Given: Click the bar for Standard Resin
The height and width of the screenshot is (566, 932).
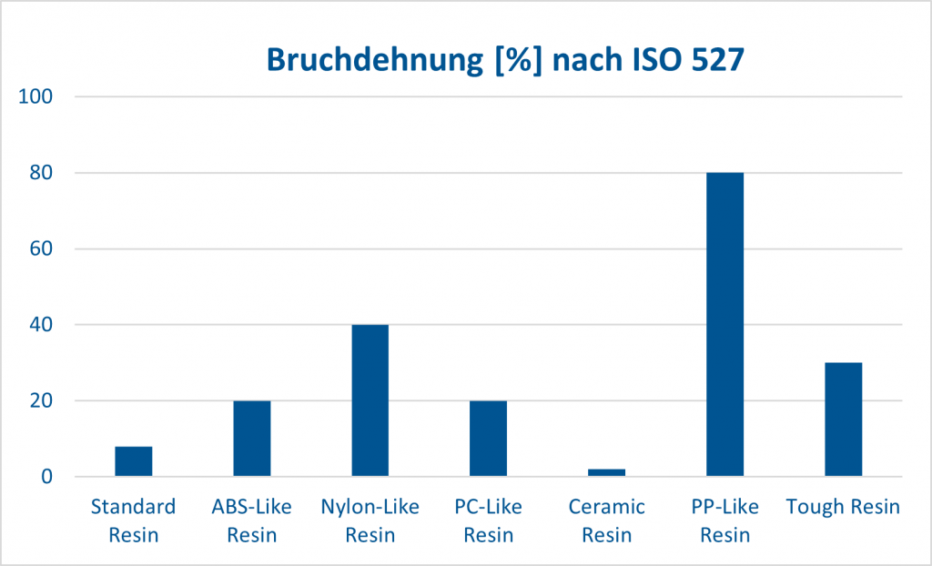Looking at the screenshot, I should pyautogui.click(x=134, y=461).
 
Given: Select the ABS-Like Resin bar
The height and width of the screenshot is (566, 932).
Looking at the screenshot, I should pyautogui.click(x=252, y=439).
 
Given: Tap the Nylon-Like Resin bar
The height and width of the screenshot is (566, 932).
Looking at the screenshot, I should pyautogui.click(x=370, y=400).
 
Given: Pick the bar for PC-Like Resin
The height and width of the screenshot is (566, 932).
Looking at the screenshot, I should pyautogui.click(x=489, y=439).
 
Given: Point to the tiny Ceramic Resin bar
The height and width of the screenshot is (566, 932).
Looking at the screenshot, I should pyautogui.click(x=607, y=472).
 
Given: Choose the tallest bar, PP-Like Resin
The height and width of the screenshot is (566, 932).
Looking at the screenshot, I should pyautogui.click(x=725, y=324).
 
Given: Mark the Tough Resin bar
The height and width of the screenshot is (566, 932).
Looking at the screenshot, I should pyautogui.click(x=844, y=419).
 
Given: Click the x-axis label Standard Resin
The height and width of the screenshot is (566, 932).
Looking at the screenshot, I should pyautogui.click(x=134, y=521).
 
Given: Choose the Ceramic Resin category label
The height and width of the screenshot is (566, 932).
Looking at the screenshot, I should pyautogui.click(x=607, y=521).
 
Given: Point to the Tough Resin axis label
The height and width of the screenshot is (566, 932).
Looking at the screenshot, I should pyautogui.click(x=844, y=508).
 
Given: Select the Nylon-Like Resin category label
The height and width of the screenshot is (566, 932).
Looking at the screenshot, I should pyautogui.click(x=370, y=521).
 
